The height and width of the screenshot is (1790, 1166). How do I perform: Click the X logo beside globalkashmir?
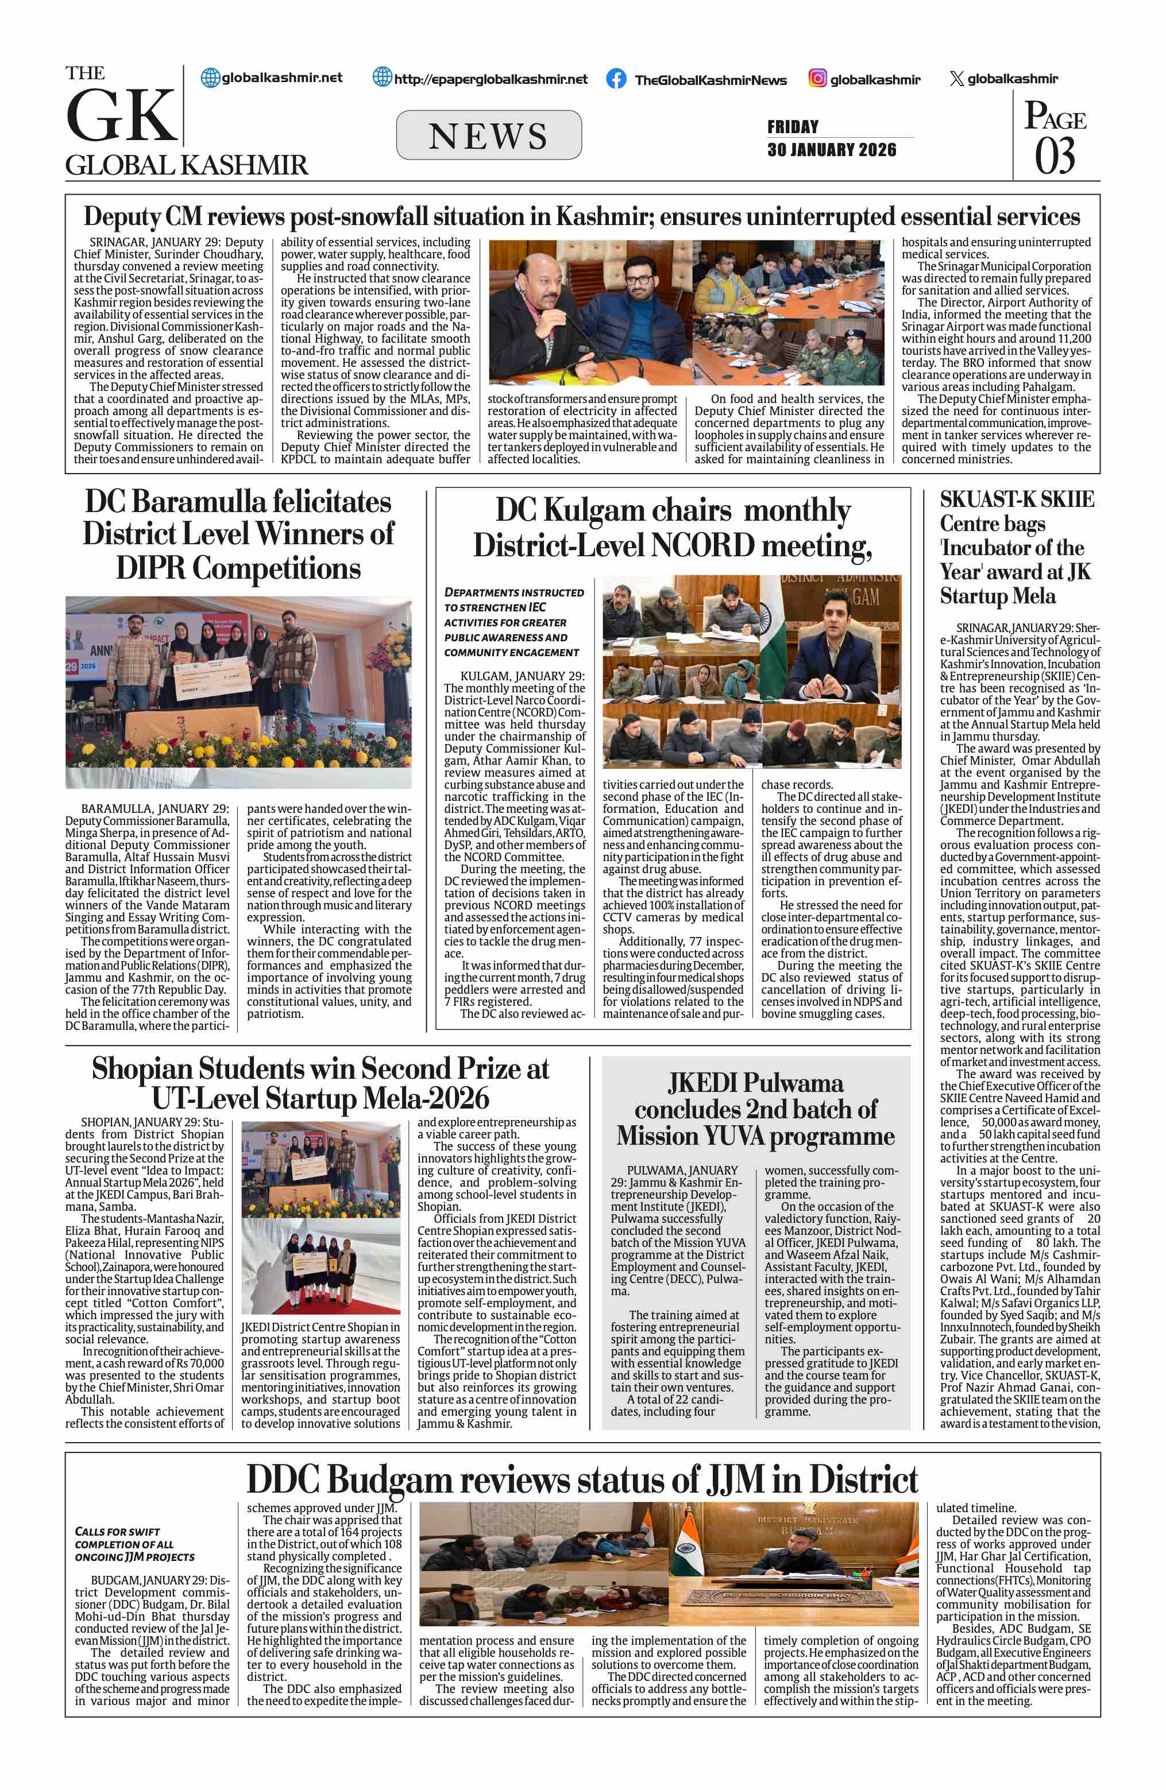coord(956,79)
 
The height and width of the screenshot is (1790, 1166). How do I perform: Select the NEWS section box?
coord(488,135)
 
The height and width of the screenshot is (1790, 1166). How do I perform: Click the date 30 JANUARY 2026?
coord(831,150)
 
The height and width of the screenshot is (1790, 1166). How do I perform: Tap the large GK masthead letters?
coord(121,116)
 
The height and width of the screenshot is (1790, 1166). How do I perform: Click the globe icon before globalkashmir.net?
coord(211,78)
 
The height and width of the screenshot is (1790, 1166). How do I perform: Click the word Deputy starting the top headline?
coord(121,218)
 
